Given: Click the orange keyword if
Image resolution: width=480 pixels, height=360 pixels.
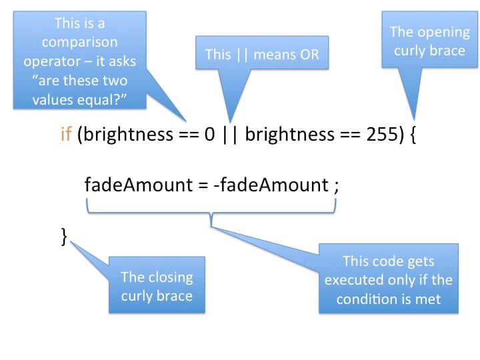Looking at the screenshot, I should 67,136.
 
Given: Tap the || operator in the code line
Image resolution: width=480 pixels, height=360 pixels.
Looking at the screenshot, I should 230,136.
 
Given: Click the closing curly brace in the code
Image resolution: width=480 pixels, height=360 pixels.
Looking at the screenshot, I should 64,237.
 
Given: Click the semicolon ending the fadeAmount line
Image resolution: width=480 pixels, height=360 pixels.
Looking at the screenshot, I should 336,185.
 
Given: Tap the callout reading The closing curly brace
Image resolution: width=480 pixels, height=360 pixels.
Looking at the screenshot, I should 157,285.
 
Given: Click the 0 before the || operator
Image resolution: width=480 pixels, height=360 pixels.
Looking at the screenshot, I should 209,136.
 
